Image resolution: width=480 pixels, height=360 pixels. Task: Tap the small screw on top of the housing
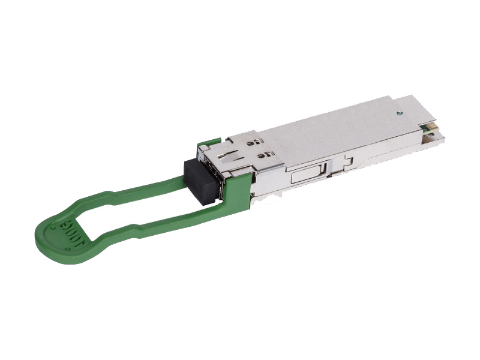397,112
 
